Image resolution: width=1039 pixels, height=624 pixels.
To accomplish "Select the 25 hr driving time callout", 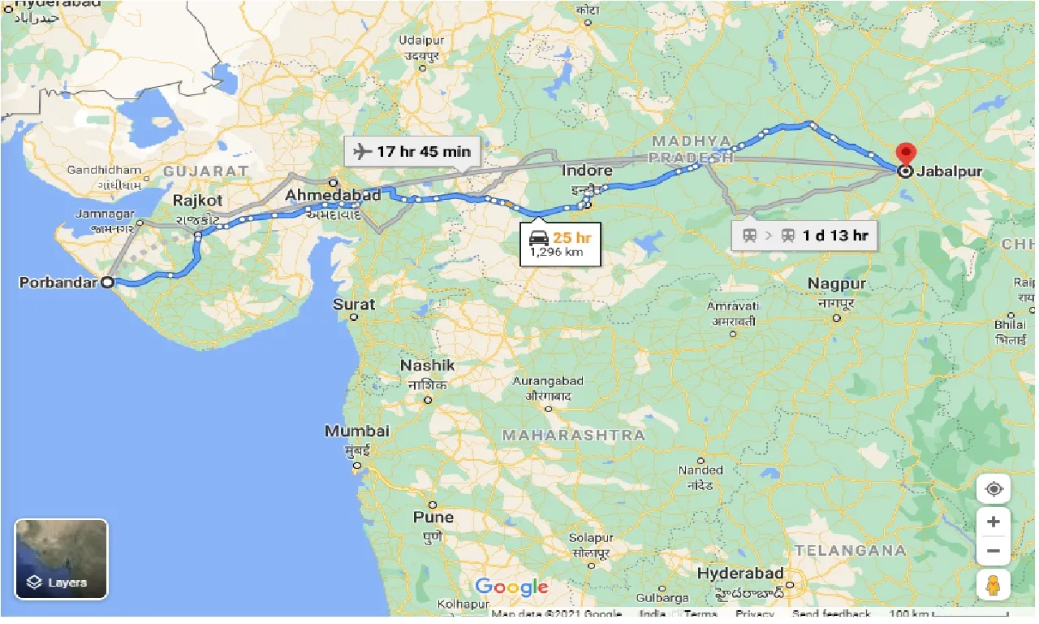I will pyautogui.click(x=560, y=245).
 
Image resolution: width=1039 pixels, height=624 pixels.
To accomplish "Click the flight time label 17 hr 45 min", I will pyautogui.click(x=412, y=152).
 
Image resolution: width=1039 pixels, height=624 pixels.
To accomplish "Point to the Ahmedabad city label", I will pyautogui.click(x=333, y=196).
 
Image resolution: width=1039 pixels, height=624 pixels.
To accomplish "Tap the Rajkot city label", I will pyautogui.click(x=197, y=201).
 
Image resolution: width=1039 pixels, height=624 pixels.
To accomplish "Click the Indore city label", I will pyautogui.click(x=587, y=171).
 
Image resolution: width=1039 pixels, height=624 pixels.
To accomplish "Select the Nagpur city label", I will pyautogui.click(x=836, y=284).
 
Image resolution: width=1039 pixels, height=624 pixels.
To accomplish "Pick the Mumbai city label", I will pyautogui.click(x=357, y=431).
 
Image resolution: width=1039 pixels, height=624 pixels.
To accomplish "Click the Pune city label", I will pyautogui.click(x=433, y=517).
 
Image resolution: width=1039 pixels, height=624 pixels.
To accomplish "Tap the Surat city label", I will pyautogui.click(x=355, y=305).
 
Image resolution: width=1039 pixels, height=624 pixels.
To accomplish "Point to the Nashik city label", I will pyautogui.click(x=427, y=366).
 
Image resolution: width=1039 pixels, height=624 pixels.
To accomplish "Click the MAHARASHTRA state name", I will pyautogui.click(x=574, y=435).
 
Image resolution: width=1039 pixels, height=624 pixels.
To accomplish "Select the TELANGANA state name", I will pyautogui.click(x=850, y=550).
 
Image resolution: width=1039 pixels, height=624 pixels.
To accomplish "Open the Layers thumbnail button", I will pyautogui.click(x=62, y=559).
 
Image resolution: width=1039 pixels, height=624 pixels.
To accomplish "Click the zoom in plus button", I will pyautogui.click(x=994, y=521).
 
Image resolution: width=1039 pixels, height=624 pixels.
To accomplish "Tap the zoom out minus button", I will pyautogui.click(x=994, y=552).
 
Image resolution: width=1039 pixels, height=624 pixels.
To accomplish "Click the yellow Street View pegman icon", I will pyautogui.click(x=994, y=585).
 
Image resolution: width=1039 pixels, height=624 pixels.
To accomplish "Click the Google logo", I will pyautogui.click(x=511, y=587).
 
